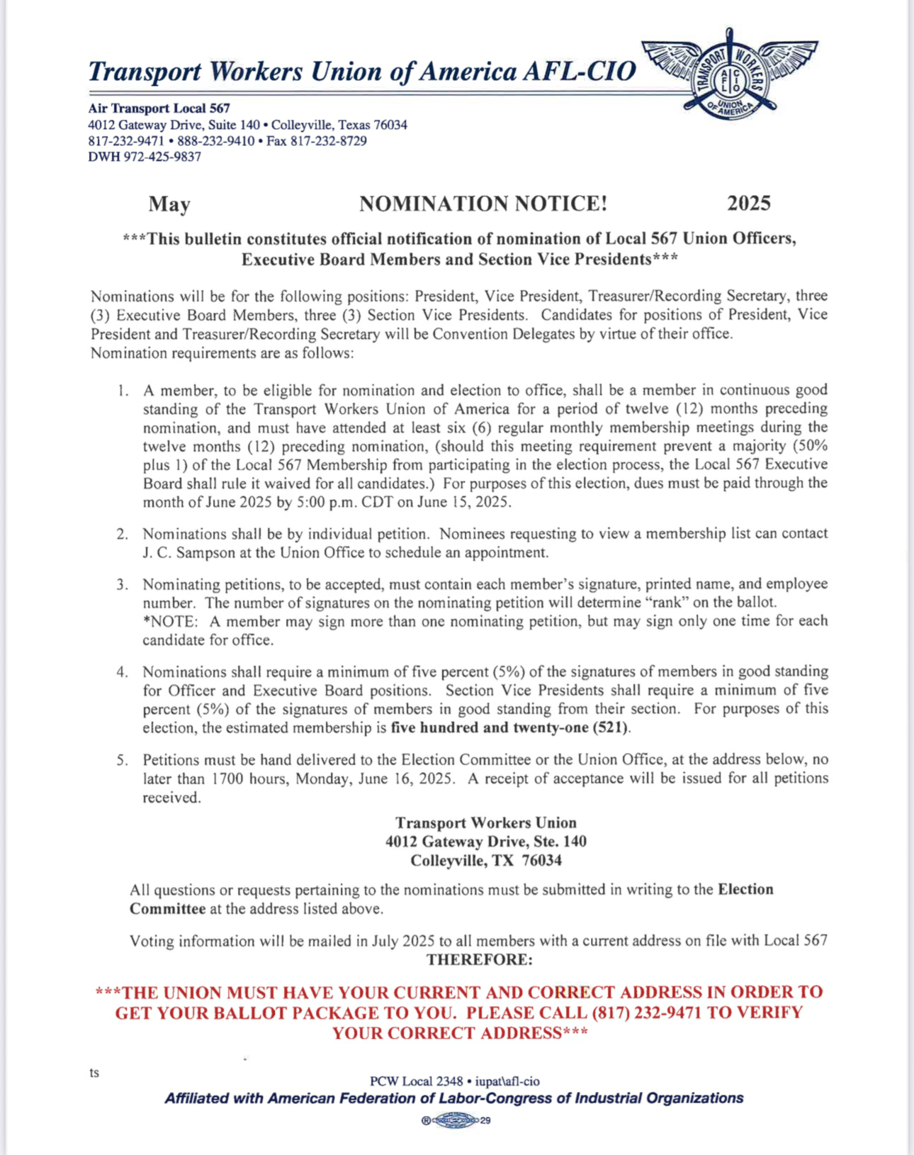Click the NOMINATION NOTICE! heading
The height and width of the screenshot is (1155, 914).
point(483,204)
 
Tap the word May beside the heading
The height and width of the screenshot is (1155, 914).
point(169,205)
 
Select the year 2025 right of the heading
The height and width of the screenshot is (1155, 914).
point(749,203)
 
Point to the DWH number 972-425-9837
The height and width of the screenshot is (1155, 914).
point(162,157)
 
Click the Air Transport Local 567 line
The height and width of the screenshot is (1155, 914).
point(159,108)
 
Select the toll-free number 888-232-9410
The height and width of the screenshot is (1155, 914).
point(216,141)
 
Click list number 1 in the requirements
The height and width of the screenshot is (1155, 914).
point(123,390)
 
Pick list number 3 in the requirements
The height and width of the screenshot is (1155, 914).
point(123,584)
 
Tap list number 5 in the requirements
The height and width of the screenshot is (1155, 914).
point(123,760)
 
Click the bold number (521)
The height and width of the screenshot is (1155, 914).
point(611,727)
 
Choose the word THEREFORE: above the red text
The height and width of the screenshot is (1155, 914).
point(479,960)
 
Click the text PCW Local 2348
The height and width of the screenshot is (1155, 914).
point(416,1081)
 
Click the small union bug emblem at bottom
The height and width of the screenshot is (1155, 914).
point(456,1121)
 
